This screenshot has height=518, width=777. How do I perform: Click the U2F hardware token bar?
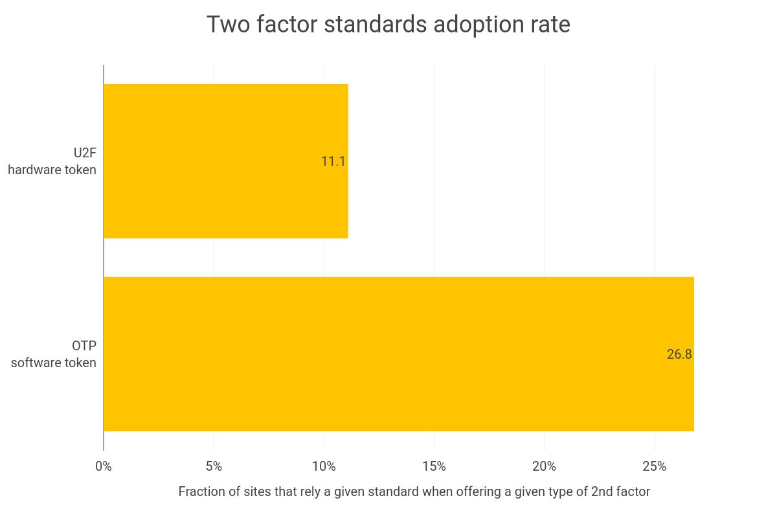click(x=225, y=161)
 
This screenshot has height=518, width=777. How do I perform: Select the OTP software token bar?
click(x=398, y=354)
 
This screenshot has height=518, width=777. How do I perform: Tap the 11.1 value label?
click(x=333, y=161)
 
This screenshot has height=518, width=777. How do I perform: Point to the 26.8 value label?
click(x=679, y=354)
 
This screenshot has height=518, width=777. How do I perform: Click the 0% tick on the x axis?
click(x=104, y=466)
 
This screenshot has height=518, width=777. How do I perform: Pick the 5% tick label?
click(x=214, y=466)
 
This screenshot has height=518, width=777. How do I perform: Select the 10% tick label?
click(x=324, y=466)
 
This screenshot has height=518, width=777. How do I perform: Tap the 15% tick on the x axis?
click(x=434, y=466)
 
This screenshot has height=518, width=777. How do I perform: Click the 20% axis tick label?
click(x=544, y=466)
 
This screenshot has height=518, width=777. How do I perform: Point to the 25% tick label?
click(x=654, y=466)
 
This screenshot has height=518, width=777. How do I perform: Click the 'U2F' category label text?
click(x=84, y=153)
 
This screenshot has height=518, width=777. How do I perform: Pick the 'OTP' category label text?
click(x=84, y=346)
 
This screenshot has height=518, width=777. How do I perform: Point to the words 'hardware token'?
click(x=52, y=170)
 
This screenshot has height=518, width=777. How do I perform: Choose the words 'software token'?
click(x=54, y=363)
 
